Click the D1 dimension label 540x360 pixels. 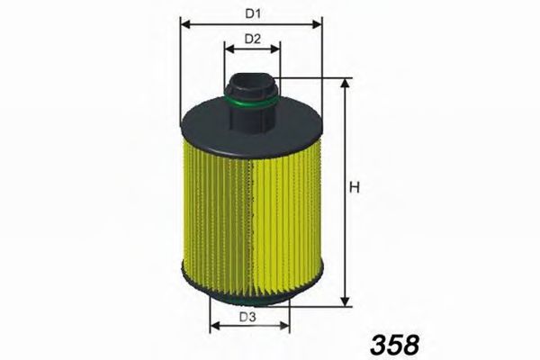coord(252,13)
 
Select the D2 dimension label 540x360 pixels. coord(252,39)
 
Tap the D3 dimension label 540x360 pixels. coord(248,318)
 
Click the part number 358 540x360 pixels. coord(394,343)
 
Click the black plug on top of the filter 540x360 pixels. coord(252,90)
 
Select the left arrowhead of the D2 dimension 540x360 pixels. coord(226,50)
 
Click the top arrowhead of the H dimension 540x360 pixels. coord(344,83)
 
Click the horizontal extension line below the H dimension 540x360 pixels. coord(324,306)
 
